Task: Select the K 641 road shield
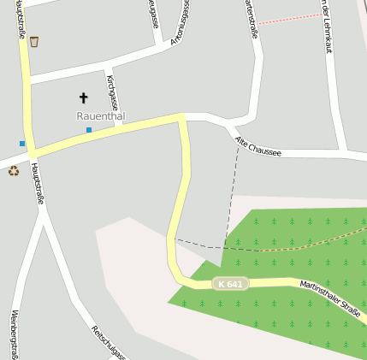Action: coord(230,283)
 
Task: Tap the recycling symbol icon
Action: coord(14,170)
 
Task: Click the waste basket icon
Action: coord(34,40)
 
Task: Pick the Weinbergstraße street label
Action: coord(15,333)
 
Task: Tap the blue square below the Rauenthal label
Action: coord(88,130)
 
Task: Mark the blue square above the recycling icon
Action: coord(22,143)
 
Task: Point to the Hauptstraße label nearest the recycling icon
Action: coord(37,180)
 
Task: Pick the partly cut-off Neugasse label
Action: coord(154,12)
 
